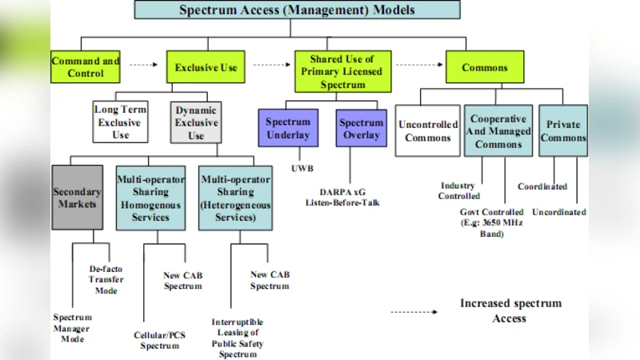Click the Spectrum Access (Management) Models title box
[x=297, y=10]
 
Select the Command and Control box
[x=86, y=67]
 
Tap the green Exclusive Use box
[x=206, y=67]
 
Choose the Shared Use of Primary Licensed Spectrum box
[x=342, y=70]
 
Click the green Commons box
[x=485, y=67]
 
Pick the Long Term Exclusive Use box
[x=120, y=122]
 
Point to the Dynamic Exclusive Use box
[x=195, y=122]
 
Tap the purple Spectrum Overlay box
[x=361, y=129]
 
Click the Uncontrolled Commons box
[x=428, y=131]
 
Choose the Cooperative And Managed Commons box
[x=498, y=131]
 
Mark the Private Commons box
[x=563, y=131]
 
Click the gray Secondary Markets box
[x=77, y=198]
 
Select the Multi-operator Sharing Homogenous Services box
[x=150, y=198]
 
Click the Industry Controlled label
[x=458, y=190]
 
